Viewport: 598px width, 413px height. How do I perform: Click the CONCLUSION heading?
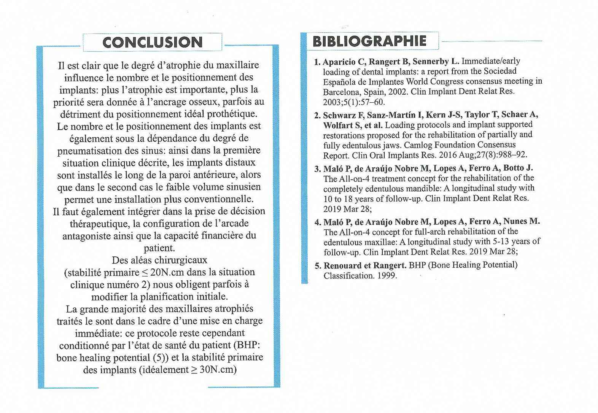[152, 42]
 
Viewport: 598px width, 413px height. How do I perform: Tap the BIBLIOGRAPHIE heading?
[369, 41]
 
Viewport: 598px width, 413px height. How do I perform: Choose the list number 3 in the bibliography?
[317, 168]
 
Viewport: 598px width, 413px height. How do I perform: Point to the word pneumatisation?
[89, 151]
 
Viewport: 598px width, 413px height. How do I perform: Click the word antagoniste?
[87, 236]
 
